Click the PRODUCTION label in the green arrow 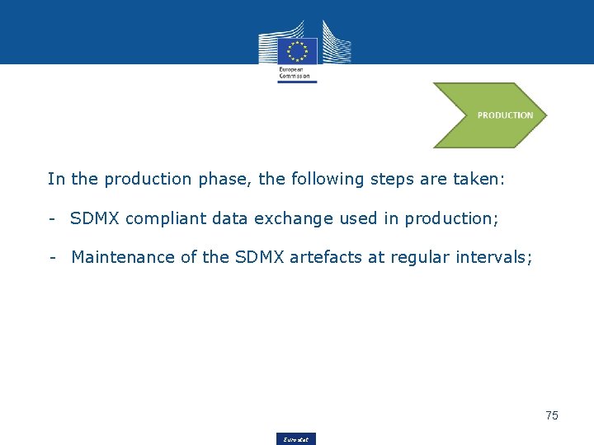click(x=505, y=115)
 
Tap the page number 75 click(x=552, y=415)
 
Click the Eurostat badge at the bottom click(x=295, y=439)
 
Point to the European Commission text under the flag click(x=295, y=73)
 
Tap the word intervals click(x=495, y=257)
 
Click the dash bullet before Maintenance click(x=52, y=257)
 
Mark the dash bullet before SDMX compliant click(x=52, y=218)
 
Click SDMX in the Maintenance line click(x=259, y=257)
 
